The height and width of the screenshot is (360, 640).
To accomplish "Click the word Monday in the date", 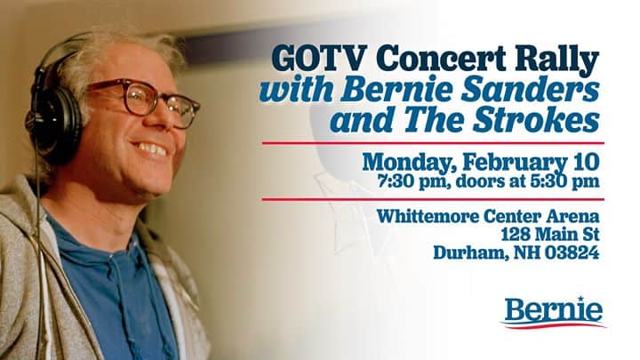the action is point(409,163).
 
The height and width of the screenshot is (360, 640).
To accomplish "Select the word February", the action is point(516,163).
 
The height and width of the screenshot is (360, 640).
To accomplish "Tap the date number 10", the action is point(587,162).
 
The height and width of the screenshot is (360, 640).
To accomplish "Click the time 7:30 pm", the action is point(413,181).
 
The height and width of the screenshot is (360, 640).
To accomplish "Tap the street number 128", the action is point(516,235).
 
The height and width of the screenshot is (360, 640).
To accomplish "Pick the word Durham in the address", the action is point(470,253).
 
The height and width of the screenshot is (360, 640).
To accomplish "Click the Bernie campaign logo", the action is point(554,312).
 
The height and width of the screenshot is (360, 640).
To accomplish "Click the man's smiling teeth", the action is point(151,149).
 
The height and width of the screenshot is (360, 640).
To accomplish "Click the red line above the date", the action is point(433,143).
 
